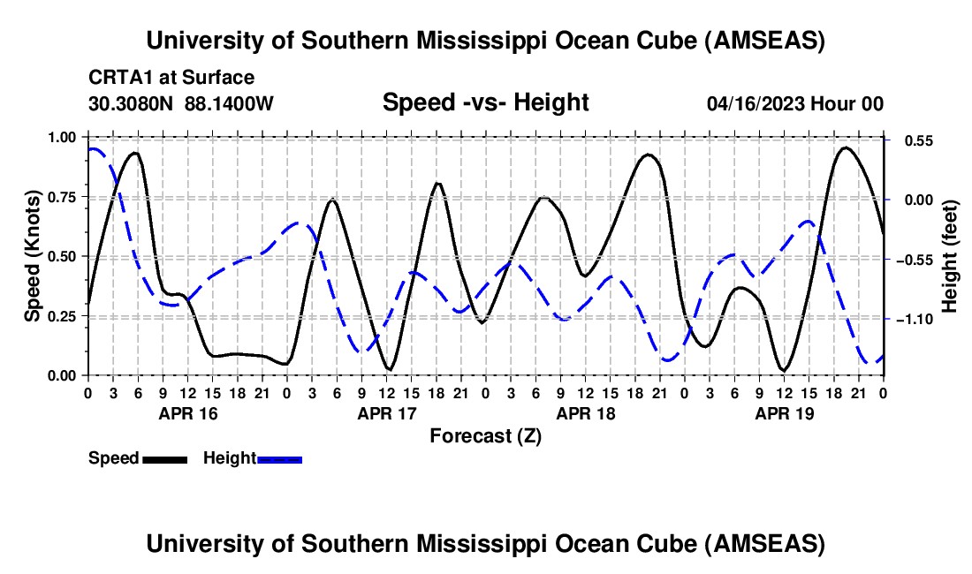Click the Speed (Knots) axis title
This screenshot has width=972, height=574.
coord(33,256)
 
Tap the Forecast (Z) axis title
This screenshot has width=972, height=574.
coord(485,435)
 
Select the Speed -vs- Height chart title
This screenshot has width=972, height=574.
coord(485,103)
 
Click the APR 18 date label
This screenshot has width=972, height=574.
coord(584,412)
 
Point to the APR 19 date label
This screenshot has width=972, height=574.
coord(783,412)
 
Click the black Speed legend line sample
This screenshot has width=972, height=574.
coord(164,458)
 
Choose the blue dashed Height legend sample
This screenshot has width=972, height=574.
coord(280,458)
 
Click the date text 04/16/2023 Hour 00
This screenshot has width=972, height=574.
coord(795,104)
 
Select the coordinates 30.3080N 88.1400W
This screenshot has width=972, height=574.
coord(181,104)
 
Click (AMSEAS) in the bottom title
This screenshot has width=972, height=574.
coord(765,544)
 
